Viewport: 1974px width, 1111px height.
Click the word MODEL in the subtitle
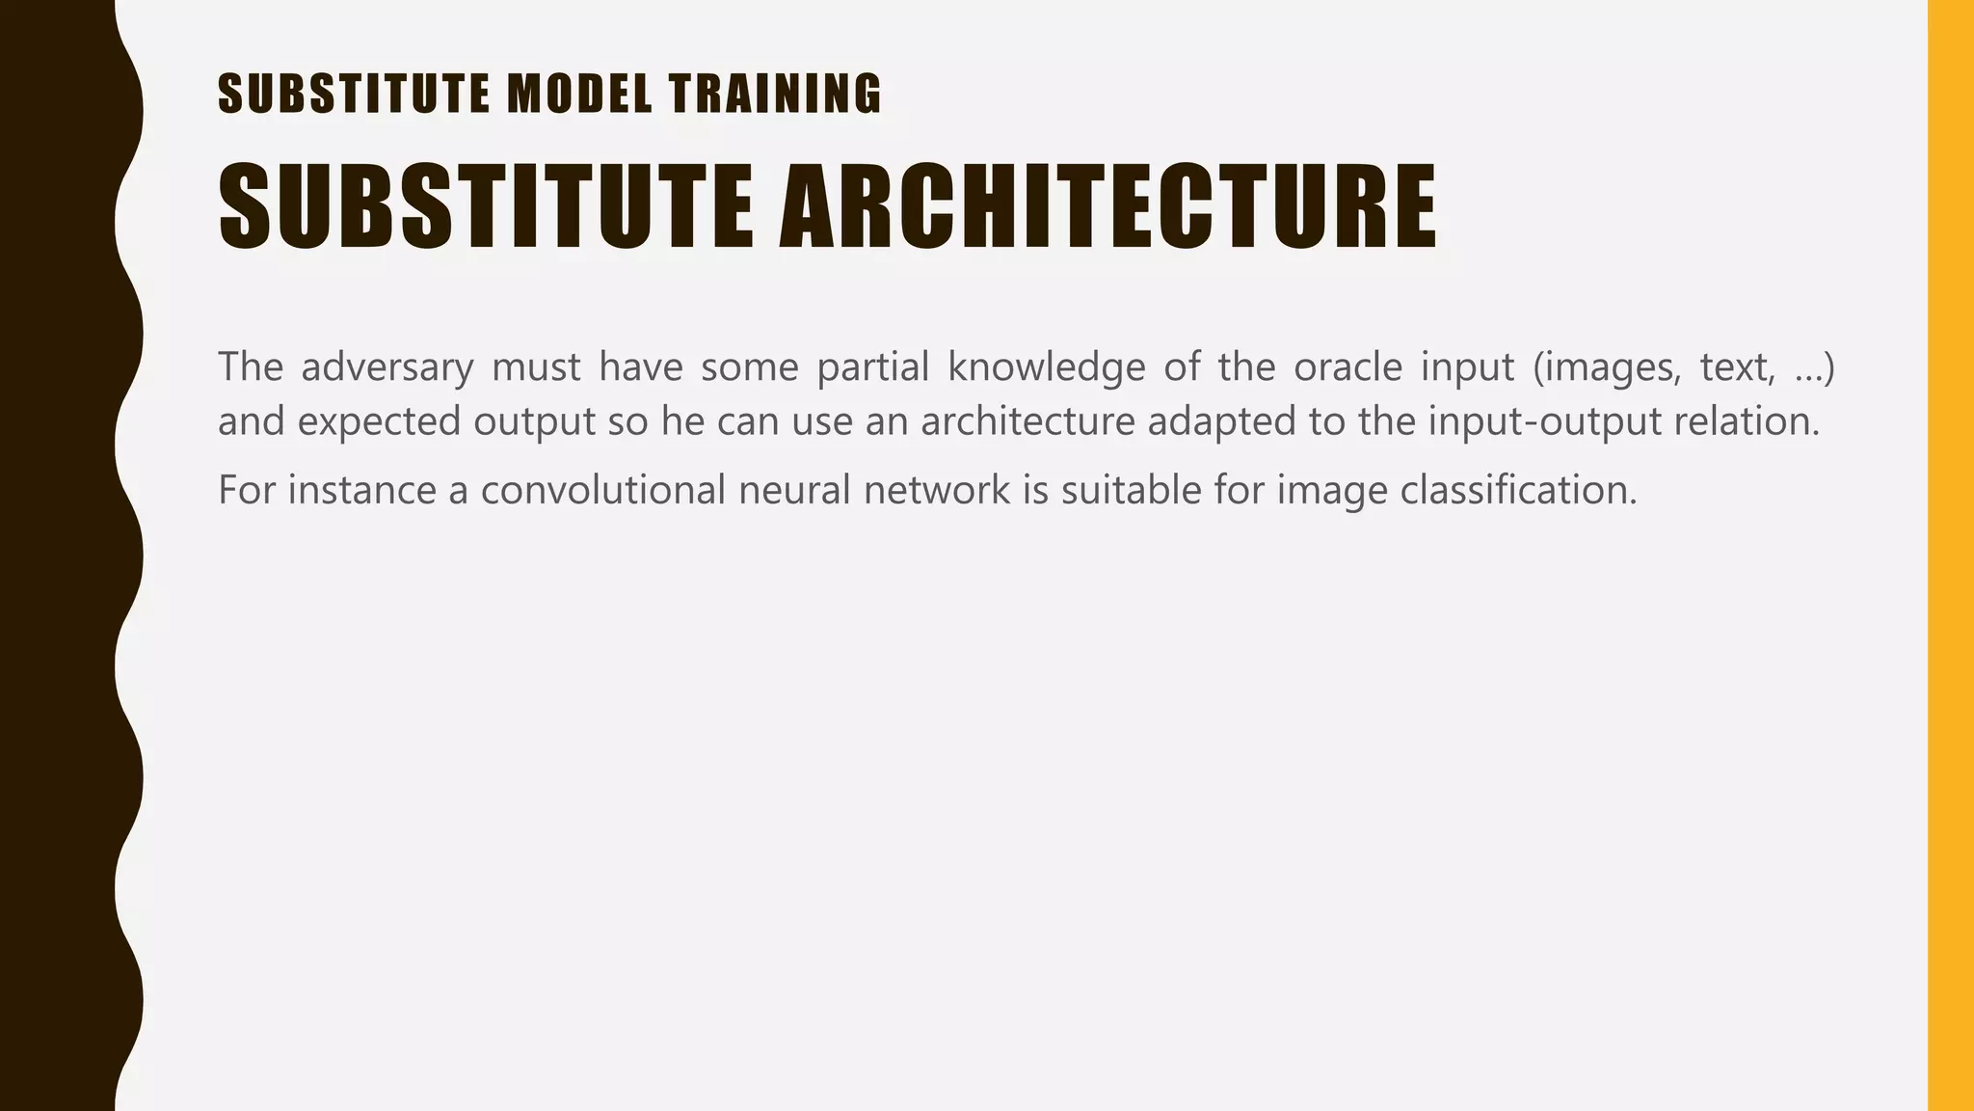579,95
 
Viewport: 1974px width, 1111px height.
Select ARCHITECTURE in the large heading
1107,206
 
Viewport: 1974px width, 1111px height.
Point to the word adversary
387,367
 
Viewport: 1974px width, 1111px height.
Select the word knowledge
1046,367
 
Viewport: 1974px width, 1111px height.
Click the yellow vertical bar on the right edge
1950,555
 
